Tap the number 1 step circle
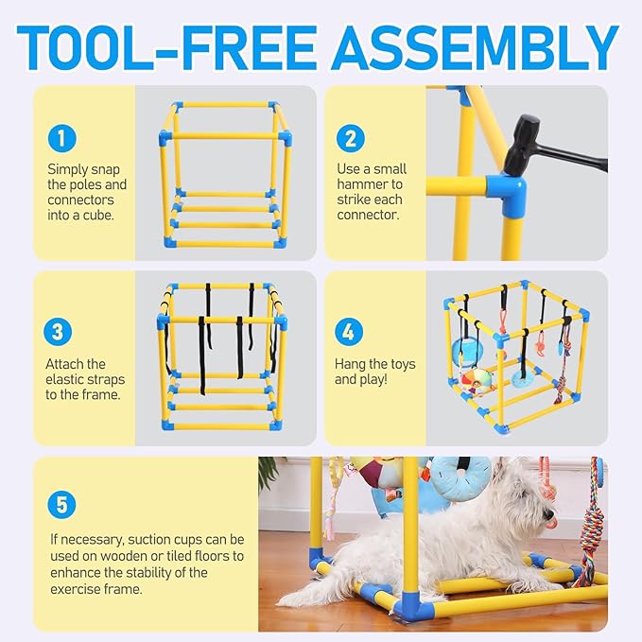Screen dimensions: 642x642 click(61, 140)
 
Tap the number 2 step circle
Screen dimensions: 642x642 click(350, 140)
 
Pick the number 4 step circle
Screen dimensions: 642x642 click(350, 332)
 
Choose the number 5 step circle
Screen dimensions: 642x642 click(61, 504)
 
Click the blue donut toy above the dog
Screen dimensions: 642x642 click(460, 476)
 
